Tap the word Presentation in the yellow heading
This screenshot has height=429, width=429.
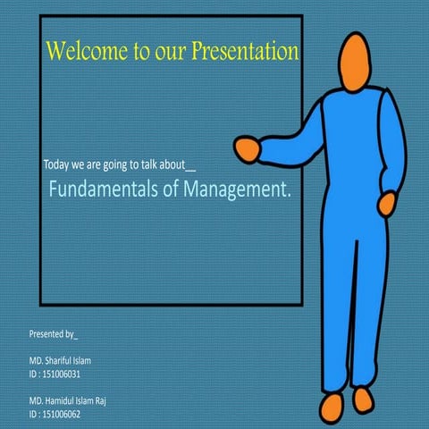pyautogui.click(x=244, y=52)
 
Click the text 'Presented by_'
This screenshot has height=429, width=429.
pyautogui.click(x=54, y=334)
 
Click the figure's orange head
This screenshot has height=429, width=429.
pyautogui.click(x=356, y=62)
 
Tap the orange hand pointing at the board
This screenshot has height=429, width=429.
pyautogui.click(x=248, y=147)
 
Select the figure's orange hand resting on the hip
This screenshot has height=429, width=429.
pyautogui.click(x=388, y=205)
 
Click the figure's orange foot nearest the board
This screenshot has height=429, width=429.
pyautogui.click(x=332, y=406)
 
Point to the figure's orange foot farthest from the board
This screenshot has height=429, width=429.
pyautogui.click(x=363, y=399)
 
